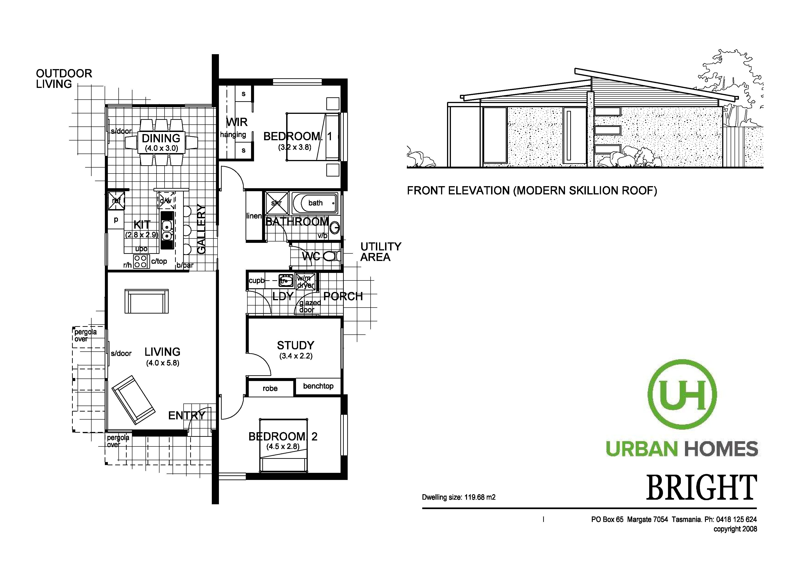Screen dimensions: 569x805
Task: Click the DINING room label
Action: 161,138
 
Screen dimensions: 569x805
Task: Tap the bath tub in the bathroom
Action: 315,203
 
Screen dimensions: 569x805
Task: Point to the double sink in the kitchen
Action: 167,230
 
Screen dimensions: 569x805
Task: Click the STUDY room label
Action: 296,345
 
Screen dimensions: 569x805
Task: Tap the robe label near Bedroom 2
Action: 270,388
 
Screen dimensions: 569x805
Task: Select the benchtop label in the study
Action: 318,386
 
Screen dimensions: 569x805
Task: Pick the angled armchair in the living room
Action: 133,400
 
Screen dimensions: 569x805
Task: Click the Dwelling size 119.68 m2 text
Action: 458,497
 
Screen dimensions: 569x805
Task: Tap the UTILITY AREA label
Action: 380,252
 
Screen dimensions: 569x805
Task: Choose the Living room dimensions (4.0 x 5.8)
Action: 163,363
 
